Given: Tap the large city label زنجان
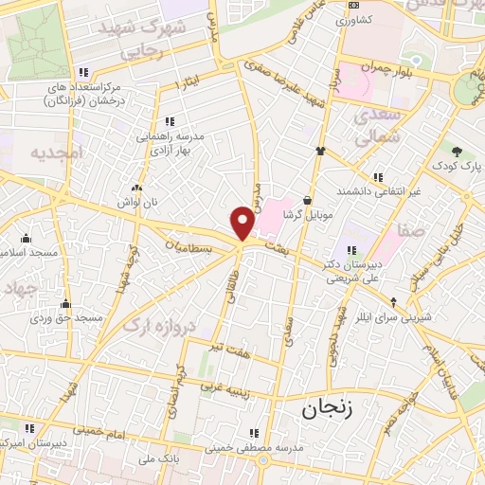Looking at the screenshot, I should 326,409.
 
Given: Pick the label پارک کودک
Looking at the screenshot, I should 458,167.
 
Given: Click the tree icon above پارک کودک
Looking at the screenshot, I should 458,151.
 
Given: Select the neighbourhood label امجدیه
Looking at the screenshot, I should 56,152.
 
